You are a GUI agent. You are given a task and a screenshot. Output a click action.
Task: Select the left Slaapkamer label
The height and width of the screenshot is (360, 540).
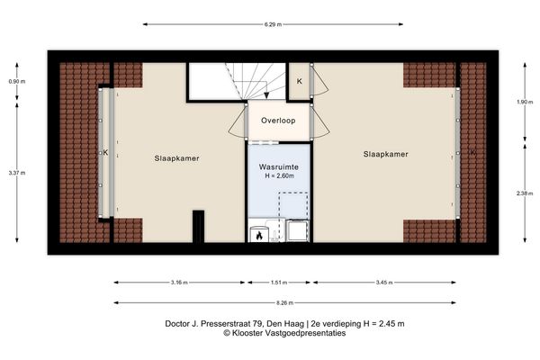176,158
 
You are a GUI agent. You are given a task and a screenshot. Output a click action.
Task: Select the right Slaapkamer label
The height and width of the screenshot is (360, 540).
386,155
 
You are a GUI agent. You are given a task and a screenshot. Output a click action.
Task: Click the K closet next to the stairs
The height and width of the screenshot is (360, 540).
300,81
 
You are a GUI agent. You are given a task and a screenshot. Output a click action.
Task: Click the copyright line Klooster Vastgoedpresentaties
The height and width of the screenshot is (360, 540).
270,333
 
